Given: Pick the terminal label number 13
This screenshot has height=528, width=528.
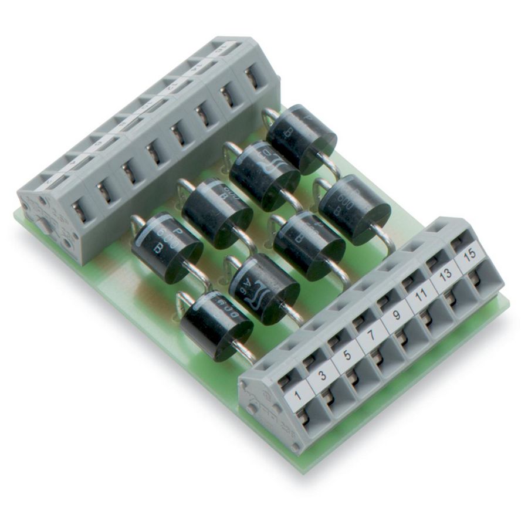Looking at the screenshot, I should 445,275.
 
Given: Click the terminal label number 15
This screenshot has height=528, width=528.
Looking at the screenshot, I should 469,256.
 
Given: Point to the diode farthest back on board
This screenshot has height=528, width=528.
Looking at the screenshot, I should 301,138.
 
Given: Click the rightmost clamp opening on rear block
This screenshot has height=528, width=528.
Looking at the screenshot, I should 254,77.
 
